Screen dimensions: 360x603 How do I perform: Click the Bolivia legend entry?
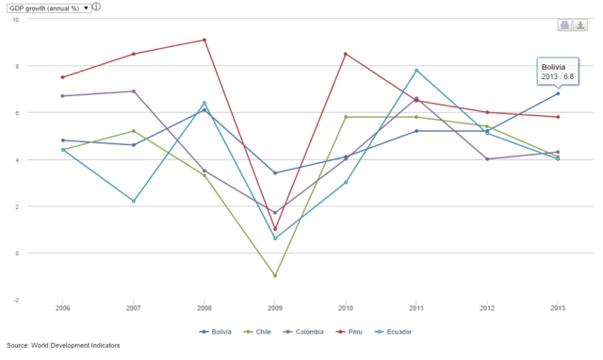[x=218, y=331]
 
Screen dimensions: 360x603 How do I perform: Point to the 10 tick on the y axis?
[x=15, y=19]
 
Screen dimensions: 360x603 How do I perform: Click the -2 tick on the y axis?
[x=15, y=300]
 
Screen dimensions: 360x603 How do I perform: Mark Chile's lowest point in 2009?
[x=275, y=276]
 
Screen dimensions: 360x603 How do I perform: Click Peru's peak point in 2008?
[x=204, y=40]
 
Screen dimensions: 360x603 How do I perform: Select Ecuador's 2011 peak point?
[x=416, y=71]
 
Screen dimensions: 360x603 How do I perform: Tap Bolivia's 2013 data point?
[x=558, y=93]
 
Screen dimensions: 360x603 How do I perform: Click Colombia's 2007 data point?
[x=134, y=91]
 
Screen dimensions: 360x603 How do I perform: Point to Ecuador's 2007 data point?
[x=134, y=201]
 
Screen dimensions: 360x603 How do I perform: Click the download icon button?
[x=581, y=25]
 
